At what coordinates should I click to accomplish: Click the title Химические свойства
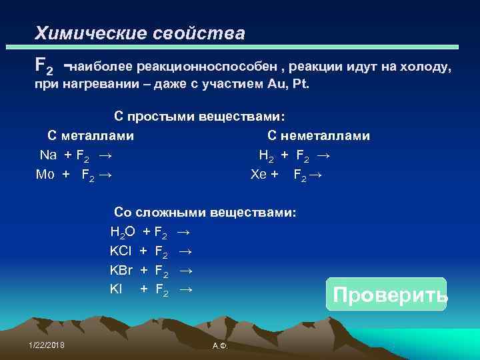click(x=140, y=33)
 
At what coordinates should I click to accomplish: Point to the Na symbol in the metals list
click(x=48, y=155)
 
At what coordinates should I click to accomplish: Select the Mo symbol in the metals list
click(x=45, y=175)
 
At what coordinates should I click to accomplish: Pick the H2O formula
click(x=123, y=233)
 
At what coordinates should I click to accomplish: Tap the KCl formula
click(x=121, y=251)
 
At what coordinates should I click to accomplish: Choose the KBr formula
click(x=121, y=270)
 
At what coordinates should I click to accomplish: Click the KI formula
click(x=116, y=289)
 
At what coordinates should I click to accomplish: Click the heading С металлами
click(x=91, y=136)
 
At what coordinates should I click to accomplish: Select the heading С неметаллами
click(x=319, y=136)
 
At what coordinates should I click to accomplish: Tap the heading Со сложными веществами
click(x=205, y=213)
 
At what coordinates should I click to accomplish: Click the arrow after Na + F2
click(x=105, y=155)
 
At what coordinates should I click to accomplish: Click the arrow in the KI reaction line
click(x=187, y=289)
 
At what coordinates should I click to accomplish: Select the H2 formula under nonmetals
click(x=266, y=155)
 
